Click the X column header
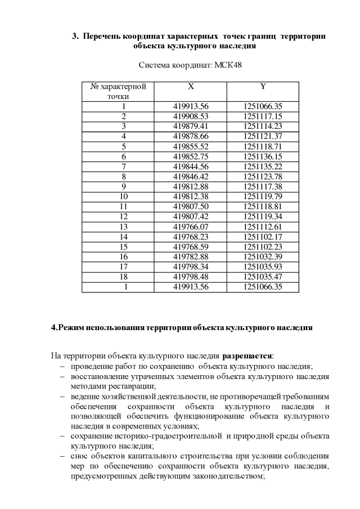tap(191, 87)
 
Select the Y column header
tap(263, 87)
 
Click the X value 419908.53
tap(191, 116)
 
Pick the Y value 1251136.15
tap(263, 156)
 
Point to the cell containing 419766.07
tap(191, 227)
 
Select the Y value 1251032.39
tap(263, 257)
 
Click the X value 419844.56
tap(191, 166)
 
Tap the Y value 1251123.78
tap(263, 177)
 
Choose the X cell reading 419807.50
tap(191, 206)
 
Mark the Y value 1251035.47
tap(263, 277)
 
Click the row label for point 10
tap(124, 196)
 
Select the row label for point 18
tap(124, 277)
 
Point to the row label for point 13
tap(124, 227)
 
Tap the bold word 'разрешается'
tap(247, 355)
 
